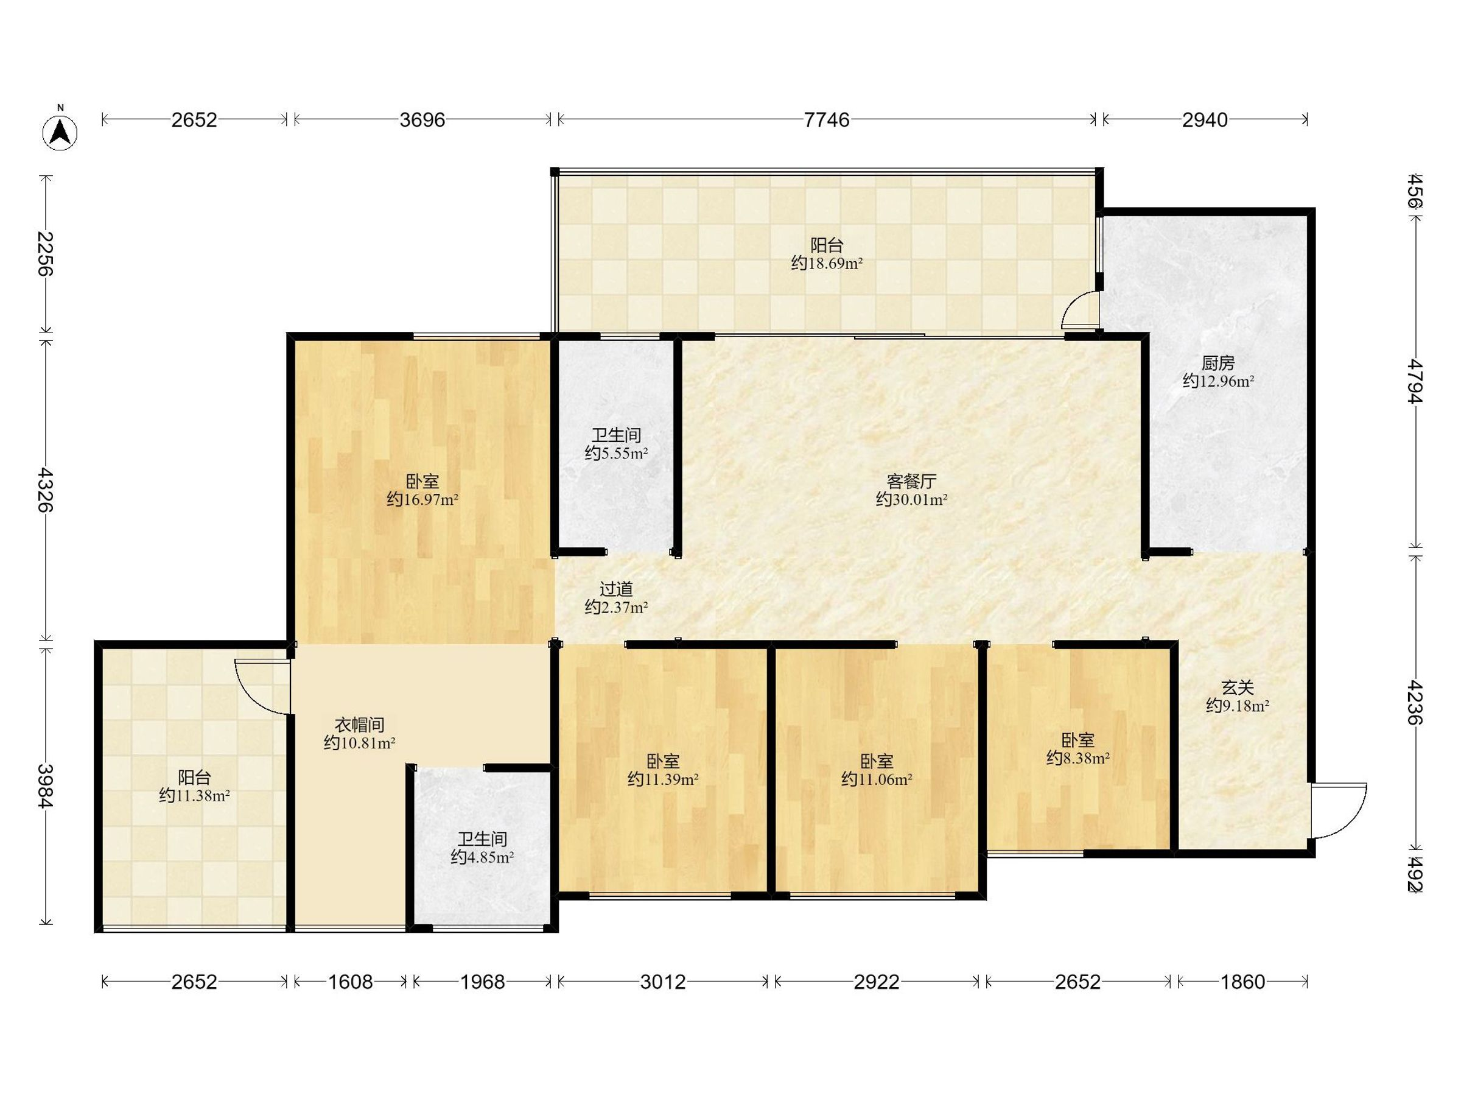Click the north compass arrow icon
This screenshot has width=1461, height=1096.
point(60,132)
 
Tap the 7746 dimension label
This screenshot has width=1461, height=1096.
point(826,119)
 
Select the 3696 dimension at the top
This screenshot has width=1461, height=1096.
point(422,119)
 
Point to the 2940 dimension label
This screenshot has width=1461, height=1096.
point(1205,119)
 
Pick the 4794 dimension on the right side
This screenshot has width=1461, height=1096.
point(1414,381)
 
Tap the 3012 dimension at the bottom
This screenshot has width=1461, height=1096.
point(662,982)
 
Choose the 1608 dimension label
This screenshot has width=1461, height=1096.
point(350,982)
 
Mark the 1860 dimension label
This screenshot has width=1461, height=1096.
point(1242,982)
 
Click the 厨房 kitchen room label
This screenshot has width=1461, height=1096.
point(1218,363)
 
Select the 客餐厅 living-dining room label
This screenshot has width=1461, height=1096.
point(911,481)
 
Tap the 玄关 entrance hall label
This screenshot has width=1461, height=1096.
point(1237,687)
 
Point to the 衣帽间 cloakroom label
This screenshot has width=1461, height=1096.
point(359,725)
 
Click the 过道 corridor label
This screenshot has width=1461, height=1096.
point(616,588)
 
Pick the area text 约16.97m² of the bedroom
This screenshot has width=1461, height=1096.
point(422,500)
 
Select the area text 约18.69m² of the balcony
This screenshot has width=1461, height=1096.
point(827,264)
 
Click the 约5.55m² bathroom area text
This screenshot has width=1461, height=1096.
point(616,453)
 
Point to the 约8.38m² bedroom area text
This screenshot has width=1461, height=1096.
point(1078,759)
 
